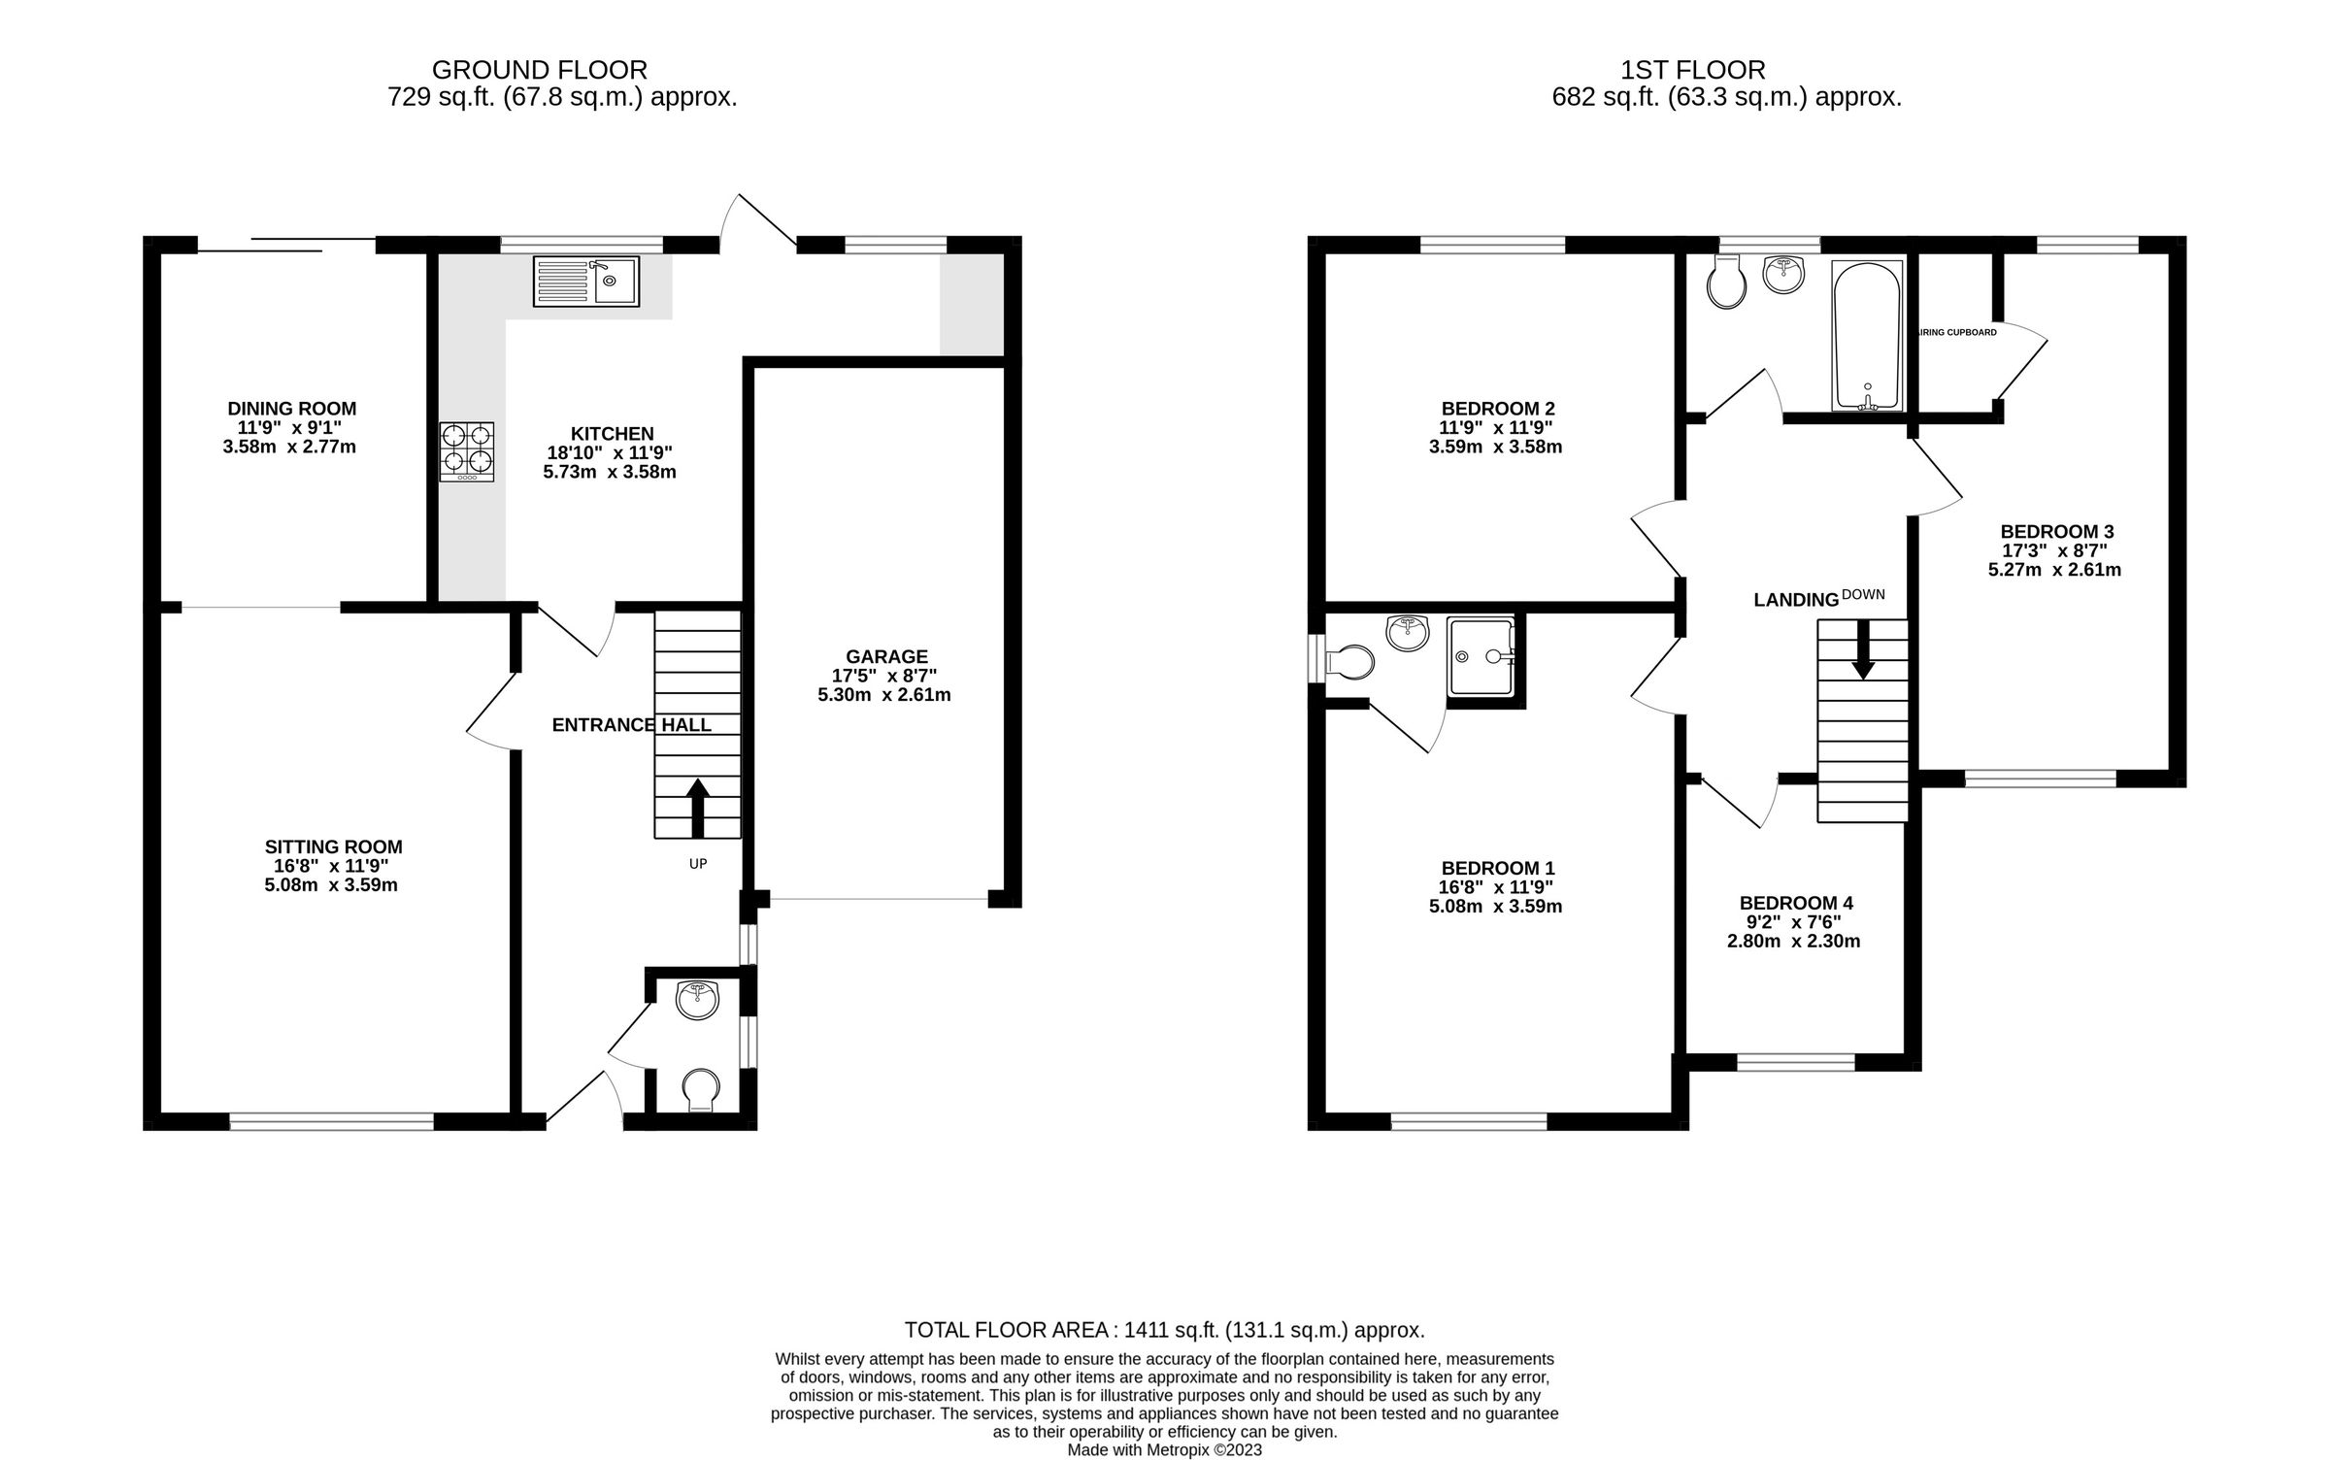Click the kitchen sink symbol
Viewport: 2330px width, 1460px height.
[585, 282]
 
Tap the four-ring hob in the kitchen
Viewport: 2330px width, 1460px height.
[467, 451]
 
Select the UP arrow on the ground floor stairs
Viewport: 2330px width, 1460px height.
[697, 807]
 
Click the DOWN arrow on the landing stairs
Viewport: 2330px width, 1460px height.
[1862, 649]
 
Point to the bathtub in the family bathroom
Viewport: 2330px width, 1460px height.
[1866, 335]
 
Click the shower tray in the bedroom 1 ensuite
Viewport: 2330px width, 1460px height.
[1481, 657]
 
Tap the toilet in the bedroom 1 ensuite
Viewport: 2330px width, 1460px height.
[1348, 663]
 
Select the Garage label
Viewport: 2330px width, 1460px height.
[886, 657]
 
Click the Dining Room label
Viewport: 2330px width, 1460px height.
[292, 409]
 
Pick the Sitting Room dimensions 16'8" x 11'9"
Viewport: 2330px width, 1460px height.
[332, 866]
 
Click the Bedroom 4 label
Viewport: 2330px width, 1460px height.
[1796, 903]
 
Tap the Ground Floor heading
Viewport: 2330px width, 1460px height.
[540, 70]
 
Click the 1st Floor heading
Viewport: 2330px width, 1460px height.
[1692, 70]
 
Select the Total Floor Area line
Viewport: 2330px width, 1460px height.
[1164, 1330]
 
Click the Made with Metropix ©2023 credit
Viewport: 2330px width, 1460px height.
[1164, 1450]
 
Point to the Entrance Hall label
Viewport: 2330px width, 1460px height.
[632, 725]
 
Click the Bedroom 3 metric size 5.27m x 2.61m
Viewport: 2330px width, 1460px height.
[2054, 570]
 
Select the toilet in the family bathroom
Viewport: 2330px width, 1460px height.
[1726, 284]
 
